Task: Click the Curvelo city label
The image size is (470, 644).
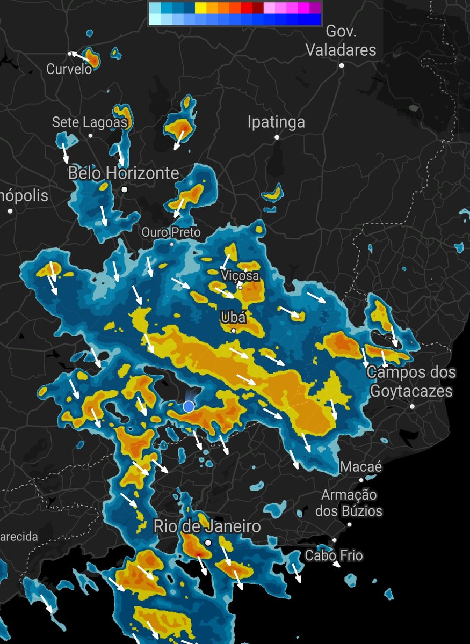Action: coord(69,69)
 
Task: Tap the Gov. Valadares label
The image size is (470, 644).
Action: coord(341,41)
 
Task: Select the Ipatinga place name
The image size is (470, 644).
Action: coord(276,122)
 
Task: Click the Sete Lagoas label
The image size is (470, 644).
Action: coord(90,122)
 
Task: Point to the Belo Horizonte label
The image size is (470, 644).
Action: coord(124,173)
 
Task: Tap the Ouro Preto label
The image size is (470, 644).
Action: coord(171,232)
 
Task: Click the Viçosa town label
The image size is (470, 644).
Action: coord(240,276)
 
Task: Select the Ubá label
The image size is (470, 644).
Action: coord(233,318)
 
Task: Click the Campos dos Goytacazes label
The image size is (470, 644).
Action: coord(411,382)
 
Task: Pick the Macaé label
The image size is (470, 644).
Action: coord(361,467)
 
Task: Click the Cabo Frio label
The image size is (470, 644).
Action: coord(334,555)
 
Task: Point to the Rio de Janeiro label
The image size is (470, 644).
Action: coord(207,526)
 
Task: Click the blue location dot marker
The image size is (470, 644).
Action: coord(189,407)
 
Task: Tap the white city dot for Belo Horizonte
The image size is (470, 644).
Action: coord(125,189)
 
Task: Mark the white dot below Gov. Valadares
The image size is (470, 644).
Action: coord(341,65)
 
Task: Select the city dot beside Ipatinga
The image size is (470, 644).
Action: coord(277,137)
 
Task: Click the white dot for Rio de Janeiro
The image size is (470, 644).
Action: coord(208,543)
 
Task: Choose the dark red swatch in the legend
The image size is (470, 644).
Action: coord(258,8)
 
